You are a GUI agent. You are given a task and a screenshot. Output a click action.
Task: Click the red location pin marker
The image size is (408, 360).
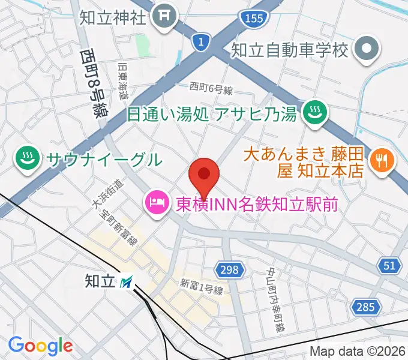click(204, 175)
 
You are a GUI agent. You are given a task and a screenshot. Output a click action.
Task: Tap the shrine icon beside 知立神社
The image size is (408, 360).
click(163, 17)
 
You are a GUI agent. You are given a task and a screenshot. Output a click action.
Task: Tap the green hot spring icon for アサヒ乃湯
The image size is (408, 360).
click(313, 112)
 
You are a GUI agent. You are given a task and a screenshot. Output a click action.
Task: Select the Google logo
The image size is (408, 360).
click(40, 346)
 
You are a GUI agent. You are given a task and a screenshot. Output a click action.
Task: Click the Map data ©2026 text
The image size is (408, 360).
click(358, 352)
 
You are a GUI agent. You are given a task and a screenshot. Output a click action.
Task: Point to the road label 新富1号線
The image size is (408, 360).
click(201, 286)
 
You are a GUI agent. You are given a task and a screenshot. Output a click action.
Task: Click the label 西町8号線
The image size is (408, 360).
click(91, 82)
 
